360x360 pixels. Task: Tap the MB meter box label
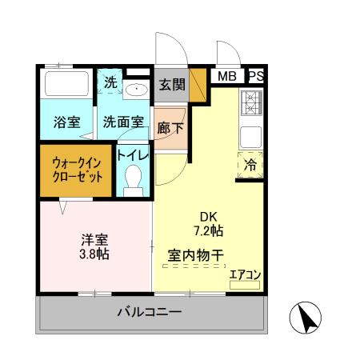pos(226,77)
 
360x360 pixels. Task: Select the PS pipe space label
pos(256,77)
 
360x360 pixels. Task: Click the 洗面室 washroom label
pos(123,122)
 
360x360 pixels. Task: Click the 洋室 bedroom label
pos(94,239)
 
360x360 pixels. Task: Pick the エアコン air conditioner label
pos(244,276)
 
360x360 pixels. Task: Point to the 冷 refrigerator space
pos(250,166)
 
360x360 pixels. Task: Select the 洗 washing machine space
pos(110,82)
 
